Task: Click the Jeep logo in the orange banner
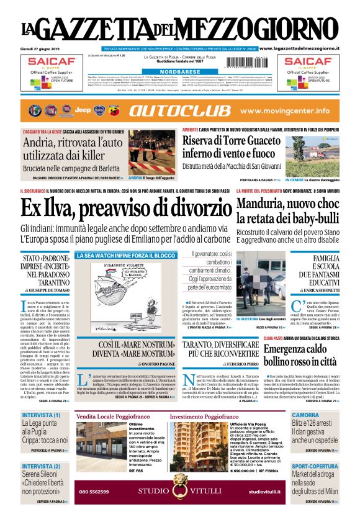(x=83, y=110)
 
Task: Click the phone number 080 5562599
(x=94, y=492)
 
